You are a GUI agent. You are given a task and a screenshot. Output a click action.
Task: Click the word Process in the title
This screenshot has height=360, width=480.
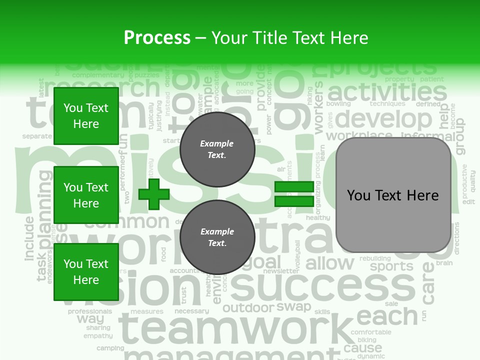coord(157,38)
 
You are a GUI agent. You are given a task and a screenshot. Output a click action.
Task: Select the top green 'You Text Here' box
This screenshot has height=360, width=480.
coord(86,116)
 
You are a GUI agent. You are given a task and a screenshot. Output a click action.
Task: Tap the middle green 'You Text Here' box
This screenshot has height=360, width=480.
coord(86,195)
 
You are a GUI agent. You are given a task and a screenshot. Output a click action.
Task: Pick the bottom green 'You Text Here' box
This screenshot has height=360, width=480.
coord(86,272)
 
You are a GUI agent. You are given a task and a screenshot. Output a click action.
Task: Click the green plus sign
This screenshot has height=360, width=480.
coord(154,194)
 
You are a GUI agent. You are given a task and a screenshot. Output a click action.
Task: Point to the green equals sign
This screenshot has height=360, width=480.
coord(294,194)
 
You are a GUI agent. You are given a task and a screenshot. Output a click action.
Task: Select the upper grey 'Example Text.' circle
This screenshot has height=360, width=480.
coord(217,149)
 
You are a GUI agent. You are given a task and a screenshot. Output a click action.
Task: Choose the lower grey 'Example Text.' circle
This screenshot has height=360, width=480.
coord(217,237)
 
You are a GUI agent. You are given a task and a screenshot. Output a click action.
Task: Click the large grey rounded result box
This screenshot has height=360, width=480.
coord(393,195)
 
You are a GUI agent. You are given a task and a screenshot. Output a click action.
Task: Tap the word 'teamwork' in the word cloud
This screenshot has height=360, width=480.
coord(235,328)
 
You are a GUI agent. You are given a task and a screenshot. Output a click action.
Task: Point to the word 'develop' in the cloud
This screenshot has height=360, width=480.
coord(383,119)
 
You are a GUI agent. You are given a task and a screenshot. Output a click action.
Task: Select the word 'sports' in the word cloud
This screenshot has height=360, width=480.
coord(391,266)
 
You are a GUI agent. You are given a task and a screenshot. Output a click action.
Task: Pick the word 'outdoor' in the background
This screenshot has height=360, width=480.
coord(248,308)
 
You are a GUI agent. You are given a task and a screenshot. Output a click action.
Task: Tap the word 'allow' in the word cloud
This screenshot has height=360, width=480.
coord(329,263)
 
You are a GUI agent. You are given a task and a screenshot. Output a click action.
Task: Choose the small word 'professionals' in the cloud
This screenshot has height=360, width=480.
coord(90,311)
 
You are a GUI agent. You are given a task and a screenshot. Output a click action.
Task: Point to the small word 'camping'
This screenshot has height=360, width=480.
coord(110,348)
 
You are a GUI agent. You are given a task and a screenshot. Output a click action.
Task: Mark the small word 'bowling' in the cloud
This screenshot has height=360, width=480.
coord(338,104)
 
